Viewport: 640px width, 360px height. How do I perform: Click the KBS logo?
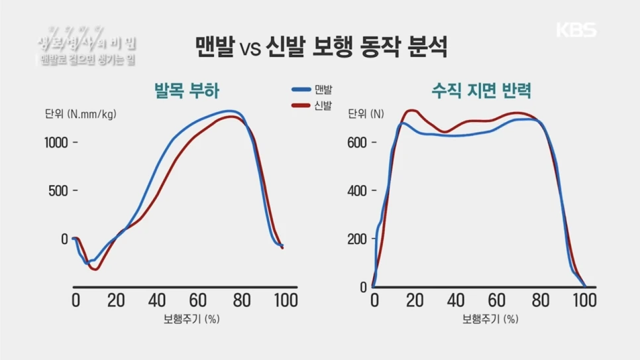[576, 30]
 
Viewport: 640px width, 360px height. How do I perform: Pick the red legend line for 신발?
[301, 105]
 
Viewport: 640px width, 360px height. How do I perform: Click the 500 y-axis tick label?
[60, 190]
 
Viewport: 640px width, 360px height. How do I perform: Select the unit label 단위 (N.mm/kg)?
[80, 114]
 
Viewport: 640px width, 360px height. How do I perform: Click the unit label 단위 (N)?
[366, 114]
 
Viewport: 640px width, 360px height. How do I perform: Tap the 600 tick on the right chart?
[358, 142]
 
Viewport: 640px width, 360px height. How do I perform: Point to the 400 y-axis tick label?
[358, 191]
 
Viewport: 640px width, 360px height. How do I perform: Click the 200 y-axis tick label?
[358, 239]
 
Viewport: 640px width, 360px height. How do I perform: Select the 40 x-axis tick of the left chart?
[157, 300]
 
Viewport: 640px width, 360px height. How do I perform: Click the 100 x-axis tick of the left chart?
[285, 300]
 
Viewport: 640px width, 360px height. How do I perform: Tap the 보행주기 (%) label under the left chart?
[191, 319]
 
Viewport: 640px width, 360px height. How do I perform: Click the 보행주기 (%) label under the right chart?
[490, 319]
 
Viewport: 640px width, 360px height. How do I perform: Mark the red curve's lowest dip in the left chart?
[95, 269]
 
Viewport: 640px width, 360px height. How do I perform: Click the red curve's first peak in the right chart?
[412, 111]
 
